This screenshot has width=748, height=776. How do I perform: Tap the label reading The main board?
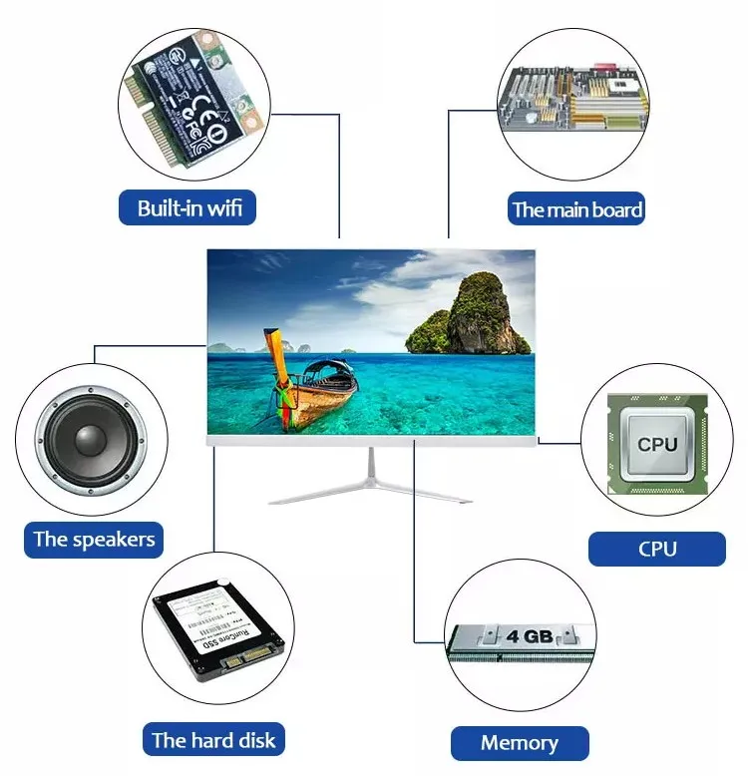(576, 210)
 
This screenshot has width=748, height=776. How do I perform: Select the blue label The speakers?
(94, 540)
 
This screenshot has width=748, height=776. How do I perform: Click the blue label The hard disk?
(213, 740)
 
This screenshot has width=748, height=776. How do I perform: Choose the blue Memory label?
(519, 743)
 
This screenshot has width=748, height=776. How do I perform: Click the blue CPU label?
(656, 549)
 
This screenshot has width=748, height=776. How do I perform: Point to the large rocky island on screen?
(477, 316)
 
